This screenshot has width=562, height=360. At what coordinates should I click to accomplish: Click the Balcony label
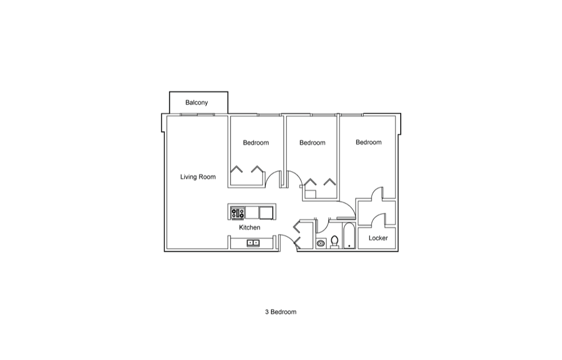pyautogui.click(x=196, y=102)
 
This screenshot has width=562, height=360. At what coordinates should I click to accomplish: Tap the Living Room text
pyautogui.click(x=198, y=177)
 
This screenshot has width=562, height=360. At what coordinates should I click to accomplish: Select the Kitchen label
pyautogui.click(x=250, y=227)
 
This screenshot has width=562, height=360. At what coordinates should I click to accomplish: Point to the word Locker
pyautogui.click(x=378, y=238)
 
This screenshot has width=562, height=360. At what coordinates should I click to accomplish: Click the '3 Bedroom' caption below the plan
pyautogui.click(x=280, y=312)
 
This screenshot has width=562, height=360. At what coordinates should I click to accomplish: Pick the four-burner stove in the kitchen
pyautogui.click(x=238, y=213)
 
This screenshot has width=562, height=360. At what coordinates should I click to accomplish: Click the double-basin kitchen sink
pyautogui.click(x=253, y=243)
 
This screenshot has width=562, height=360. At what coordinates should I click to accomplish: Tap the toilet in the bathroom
pyautogui.click(x=334, y=242)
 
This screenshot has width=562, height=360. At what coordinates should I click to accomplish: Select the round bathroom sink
pyautogui.click(x=321, y=244)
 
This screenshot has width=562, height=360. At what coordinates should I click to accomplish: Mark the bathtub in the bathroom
pyautogui.click(x=349, y=236)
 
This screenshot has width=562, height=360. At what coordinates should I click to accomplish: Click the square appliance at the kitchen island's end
pyautogui.click(x=266, y=213)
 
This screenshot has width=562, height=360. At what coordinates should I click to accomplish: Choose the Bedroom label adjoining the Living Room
pyautogui.click(x=256, y=143)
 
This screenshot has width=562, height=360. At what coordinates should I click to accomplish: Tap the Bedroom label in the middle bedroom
pyautogui.click(x=312, y=143)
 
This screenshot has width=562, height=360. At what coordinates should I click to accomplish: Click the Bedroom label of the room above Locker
pyautogui.click(x=369, y=142)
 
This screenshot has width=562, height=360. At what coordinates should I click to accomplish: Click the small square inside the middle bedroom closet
pyautogui.click(x=310, y=194)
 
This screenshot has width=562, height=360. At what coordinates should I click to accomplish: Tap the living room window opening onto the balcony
pyautogui.click(x=197, y=115)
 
